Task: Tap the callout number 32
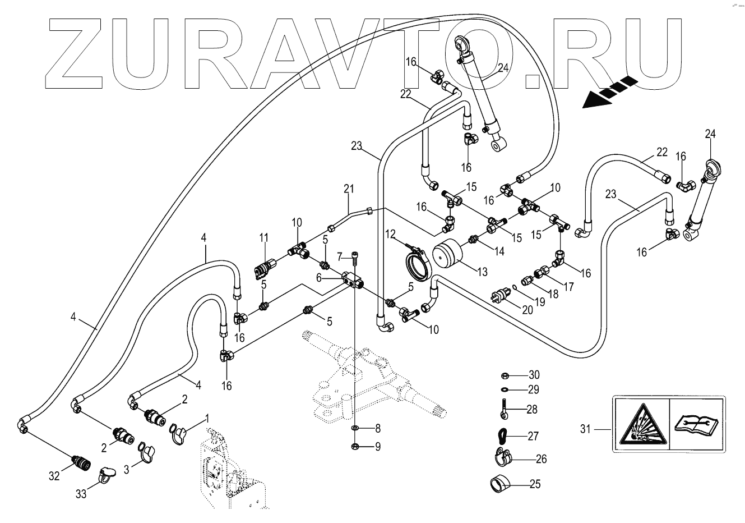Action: pos(54,476)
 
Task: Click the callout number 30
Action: pos(534,375)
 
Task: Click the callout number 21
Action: pos(349,189)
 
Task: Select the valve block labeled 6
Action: pos(352,279)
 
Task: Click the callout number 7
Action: pos(339,257)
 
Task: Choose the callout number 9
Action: pos(378,447)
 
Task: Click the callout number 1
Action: pos(206,418)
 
